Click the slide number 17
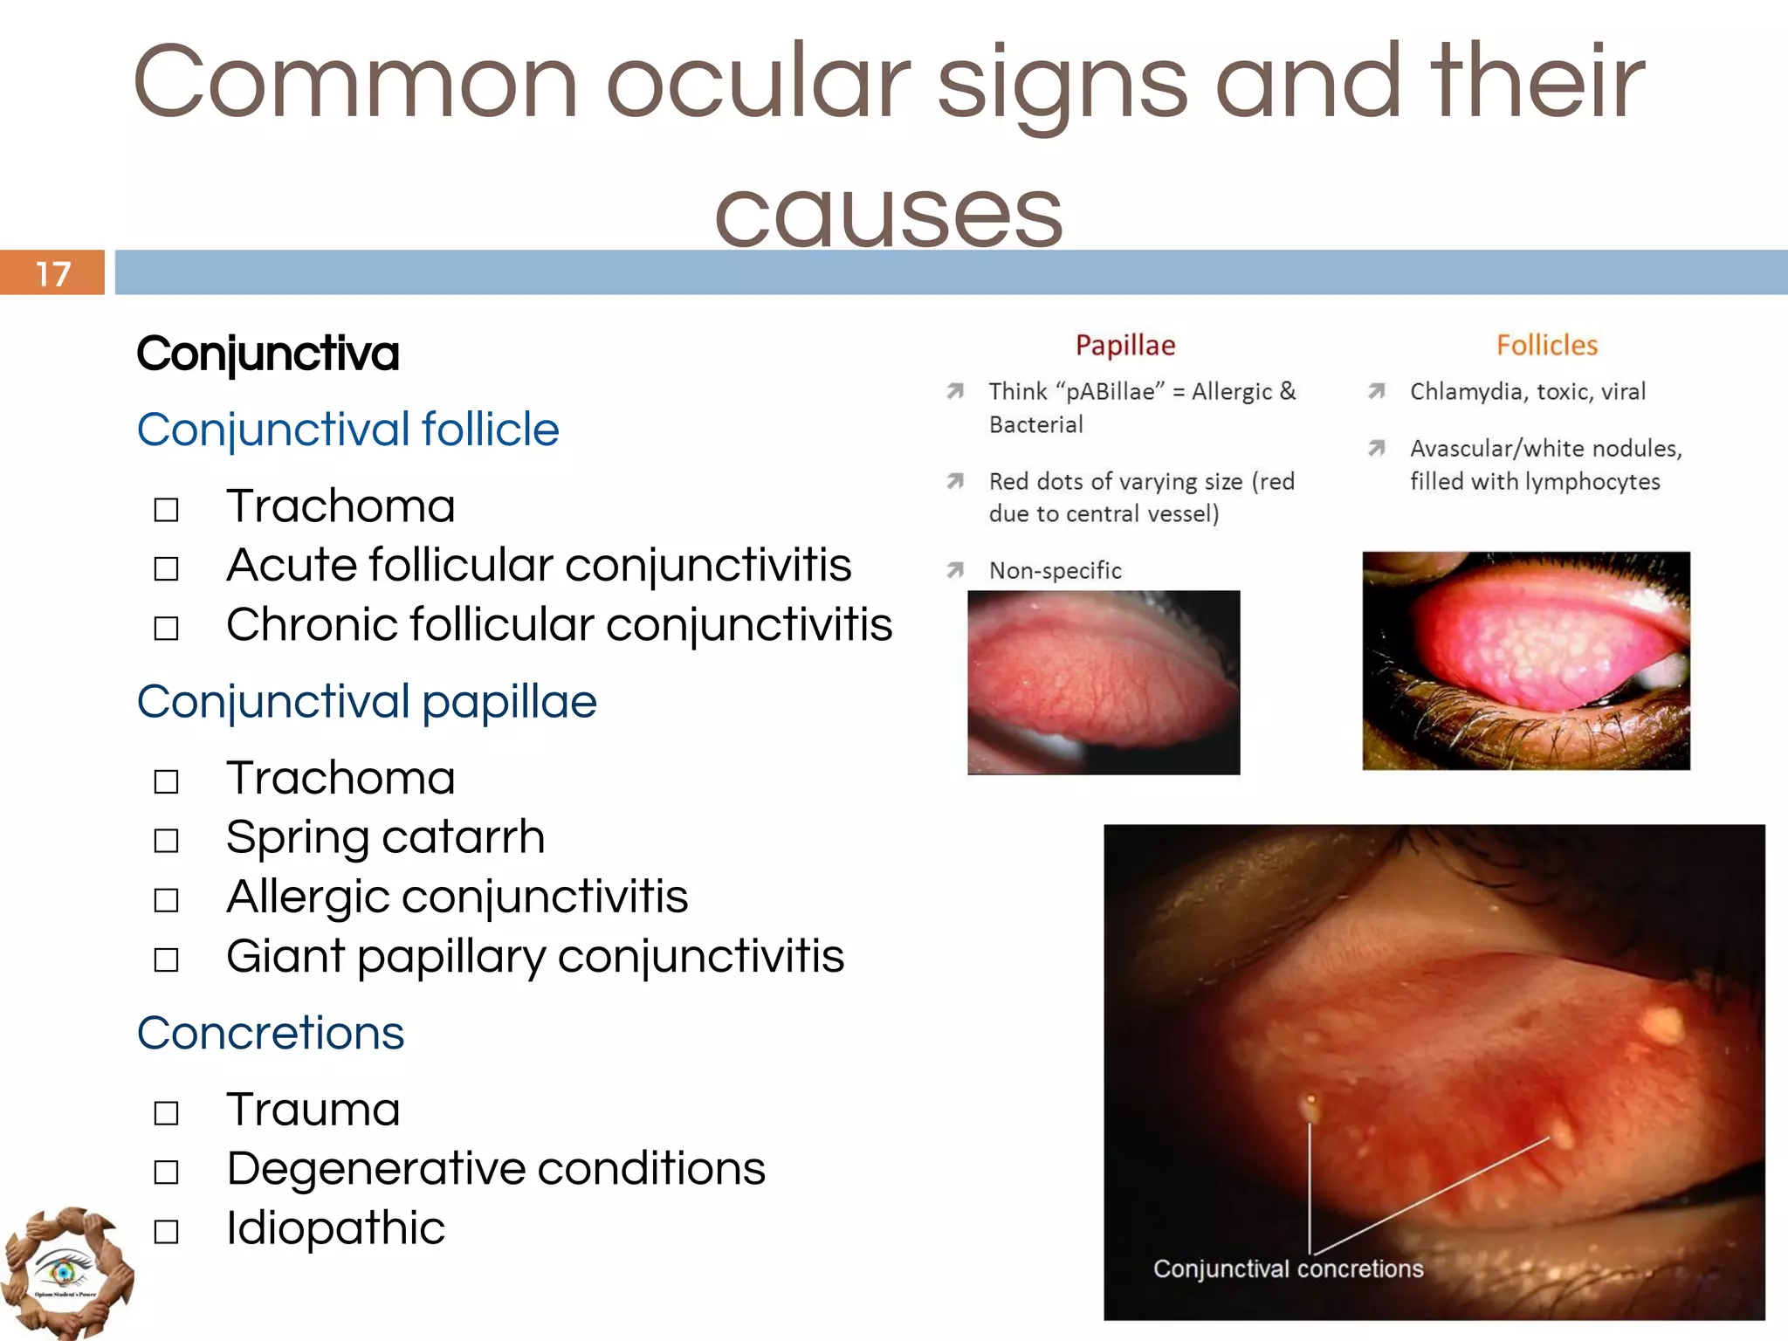(x=52, y=274)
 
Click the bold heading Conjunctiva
(x=268, y=354)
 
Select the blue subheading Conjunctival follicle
(x=347, y=430)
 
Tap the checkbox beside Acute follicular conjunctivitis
(x=166, y=569)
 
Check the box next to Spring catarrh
(x=166, y=841)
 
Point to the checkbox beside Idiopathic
(x=166, y=1232)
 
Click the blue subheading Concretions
(x=271, y=1034)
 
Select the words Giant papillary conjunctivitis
(x=534, y=957)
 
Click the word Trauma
(x=313, y=1111)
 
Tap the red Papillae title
(x=1125, y=346)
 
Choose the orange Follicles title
(x=1546, y=346)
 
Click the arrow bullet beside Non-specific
(x=956, y=570)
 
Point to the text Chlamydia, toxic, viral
(x=1528, y=392)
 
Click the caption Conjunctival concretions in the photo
(x=1288, y=1269)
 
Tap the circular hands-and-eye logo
(x=65, y=1273)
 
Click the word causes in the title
(x=888, y=214)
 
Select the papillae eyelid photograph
(x=1104, y=683)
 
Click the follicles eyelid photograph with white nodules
(x=1526, y=661)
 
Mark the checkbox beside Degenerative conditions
(x=166, y=1172)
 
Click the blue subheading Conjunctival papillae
(x=367, y=702)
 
